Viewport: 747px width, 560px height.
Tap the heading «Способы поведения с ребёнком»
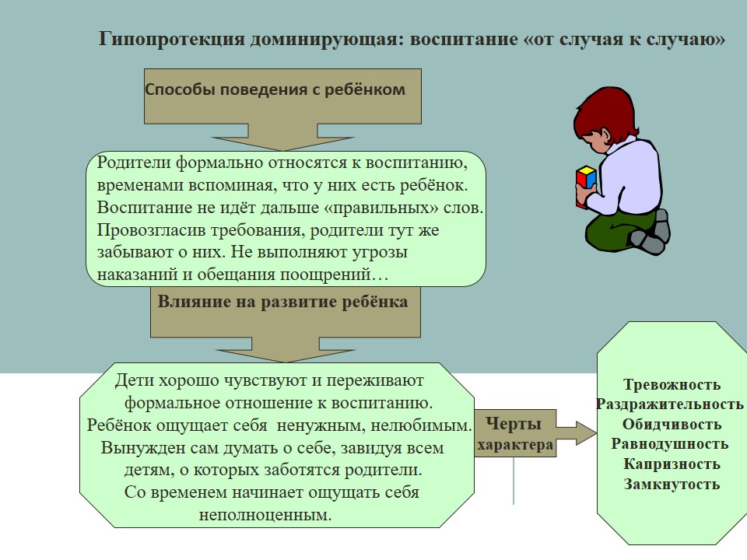point(275,89)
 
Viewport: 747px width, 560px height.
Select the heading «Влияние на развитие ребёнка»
point(282,302)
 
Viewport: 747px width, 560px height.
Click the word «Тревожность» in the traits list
point(672,384)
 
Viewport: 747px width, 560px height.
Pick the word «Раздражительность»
point(670,404)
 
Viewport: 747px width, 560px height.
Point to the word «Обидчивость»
point(672,425)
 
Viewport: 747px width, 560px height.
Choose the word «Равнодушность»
point(670,444)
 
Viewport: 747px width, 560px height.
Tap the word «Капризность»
point(672,464)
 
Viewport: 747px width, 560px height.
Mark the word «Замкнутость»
point(672,485)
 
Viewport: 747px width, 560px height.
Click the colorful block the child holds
point(585,186)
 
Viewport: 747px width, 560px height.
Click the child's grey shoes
point(652,233)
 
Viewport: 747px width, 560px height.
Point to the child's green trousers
point(615,230)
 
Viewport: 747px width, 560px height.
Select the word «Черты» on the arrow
point(514,423)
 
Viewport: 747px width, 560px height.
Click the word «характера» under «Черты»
point(515,445)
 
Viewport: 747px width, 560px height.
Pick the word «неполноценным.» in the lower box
point(265,515)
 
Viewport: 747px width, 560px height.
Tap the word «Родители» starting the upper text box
point(134,163)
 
